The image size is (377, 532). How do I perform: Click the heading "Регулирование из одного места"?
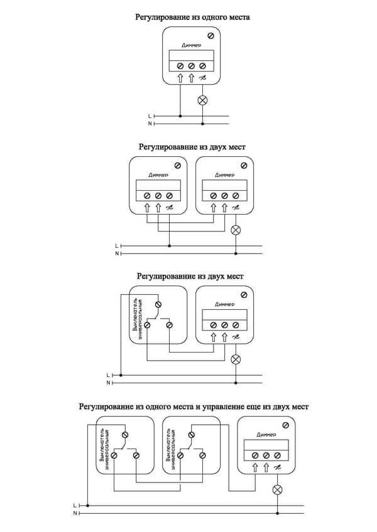192,18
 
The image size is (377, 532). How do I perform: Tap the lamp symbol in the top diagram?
202,100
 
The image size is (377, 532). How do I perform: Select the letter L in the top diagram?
149,116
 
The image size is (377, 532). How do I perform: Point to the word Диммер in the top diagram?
192,46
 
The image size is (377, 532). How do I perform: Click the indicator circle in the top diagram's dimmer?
209,35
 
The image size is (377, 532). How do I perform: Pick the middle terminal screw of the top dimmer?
192,66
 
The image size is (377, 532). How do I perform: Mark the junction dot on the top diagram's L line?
181,116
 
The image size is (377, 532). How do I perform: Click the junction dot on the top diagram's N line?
202,124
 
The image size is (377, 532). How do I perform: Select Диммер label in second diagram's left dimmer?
158,175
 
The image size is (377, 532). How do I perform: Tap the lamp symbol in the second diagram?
236,230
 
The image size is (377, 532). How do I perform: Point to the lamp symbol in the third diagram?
236,359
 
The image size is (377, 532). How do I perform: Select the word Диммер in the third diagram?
224,304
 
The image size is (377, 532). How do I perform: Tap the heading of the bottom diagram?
194,407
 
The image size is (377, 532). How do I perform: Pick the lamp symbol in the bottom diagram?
276,489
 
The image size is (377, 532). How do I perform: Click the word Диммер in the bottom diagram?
266,434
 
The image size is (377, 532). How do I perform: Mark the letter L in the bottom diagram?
75,504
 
